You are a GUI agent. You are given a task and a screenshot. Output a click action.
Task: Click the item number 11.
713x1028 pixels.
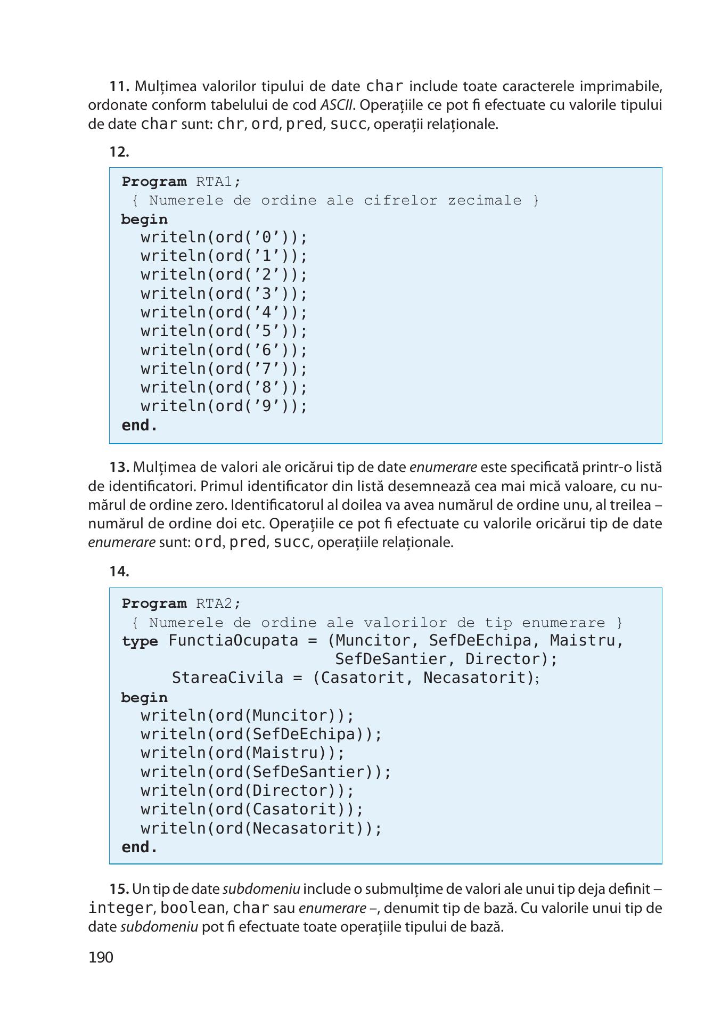click(120, 86)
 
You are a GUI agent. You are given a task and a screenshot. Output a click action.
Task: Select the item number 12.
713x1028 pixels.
click(120, 152)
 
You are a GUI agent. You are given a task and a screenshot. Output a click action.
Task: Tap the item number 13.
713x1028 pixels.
click(120, 467)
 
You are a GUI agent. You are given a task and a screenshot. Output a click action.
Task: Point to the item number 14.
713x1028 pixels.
click(120, 572)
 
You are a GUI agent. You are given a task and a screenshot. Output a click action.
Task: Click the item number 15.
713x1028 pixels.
click(120, 889)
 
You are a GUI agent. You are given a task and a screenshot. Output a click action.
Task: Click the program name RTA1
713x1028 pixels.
click(214, 182)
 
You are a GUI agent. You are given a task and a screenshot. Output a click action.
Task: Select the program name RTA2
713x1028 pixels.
click(214, 603)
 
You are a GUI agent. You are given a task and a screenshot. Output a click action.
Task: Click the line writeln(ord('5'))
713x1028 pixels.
click(224, 331)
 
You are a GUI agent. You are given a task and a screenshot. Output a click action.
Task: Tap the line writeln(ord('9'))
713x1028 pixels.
click(224, 406)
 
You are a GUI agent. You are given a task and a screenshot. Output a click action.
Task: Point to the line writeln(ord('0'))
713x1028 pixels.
click(224, 238)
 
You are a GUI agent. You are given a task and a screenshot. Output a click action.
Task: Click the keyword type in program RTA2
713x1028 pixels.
click(140, 641)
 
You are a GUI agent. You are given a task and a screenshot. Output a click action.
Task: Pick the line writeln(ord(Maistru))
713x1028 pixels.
click(243, 753)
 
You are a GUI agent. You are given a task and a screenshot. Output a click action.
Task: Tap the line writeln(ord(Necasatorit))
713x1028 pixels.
click(261, 828)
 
